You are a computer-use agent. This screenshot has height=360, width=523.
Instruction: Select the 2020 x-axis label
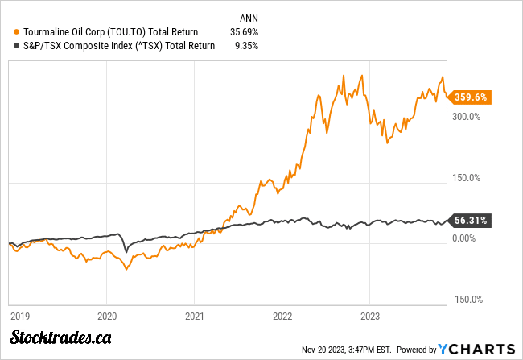108,317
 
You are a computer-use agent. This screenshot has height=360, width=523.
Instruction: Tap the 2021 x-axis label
195,317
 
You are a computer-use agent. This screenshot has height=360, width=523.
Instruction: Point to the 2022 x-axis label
282,317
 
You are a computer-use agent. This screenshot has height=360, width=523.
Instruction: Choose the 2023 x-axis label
369,317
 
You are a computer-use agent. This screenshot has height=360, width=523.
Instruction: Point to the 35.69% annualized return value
245,31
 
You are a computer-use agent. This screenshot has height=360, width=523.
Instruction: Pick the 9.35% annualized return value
246,46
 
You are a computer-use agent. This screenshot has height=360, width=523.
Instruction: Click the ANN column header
249,17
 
